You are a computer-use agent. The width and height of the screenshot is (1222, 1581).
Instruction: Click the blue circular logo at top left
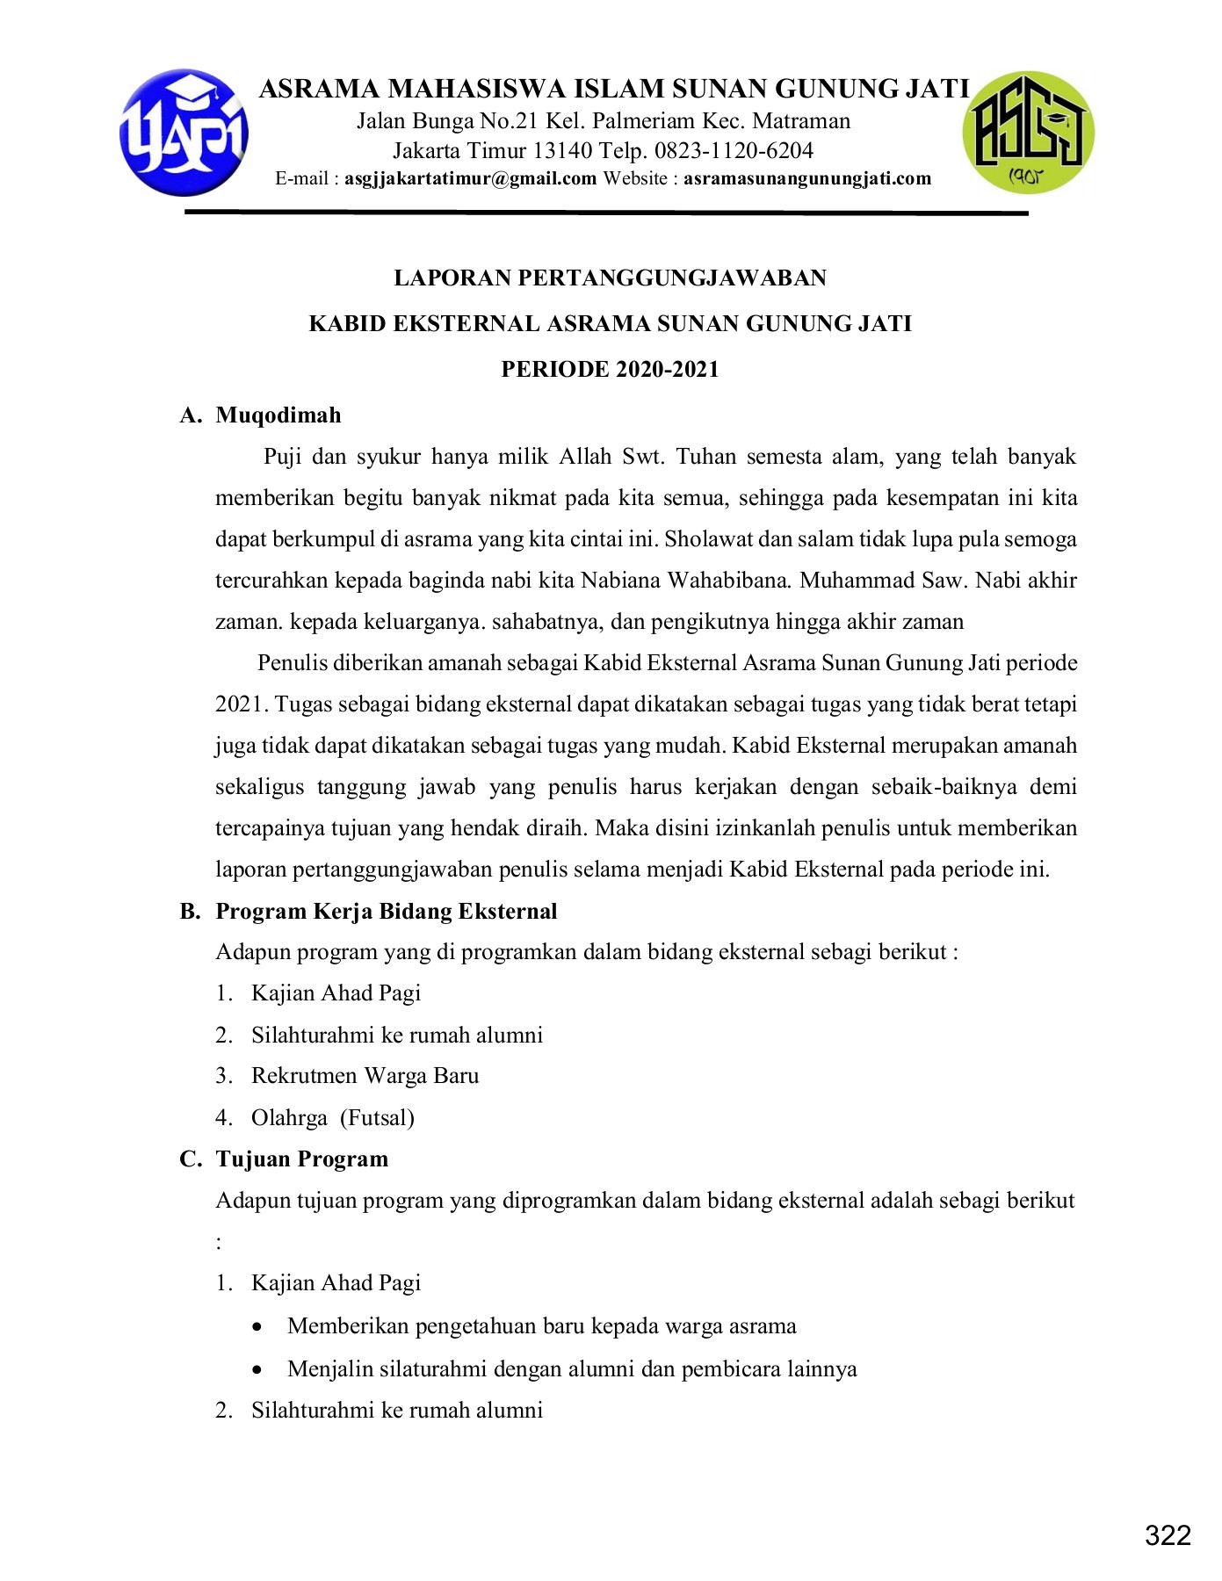tap(184, 133)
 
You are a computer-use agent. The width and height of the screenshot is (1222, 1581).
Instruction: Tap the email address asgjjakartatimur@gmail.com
tap(471, 179)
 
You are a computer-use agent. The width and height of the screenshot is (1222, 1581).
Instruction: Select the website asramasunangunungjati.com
tap(807, 179)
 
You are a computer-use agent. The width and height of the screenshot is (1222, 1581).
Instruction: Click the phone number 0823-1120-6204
tap(734, 150)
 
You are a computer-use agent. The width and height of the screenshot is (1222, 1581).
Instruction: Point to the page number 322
tap(1168, 1534)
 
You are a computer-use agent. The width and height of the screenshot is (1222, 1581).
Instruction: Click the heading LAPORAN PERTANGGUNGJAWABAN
tap(610, 278)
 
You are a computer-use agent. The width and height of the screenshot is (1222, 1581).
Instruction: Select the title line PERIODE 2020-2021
tap(610, 370)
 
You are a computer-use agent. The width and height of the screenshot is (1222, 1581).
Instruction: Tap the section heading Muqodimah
tap(278, 415)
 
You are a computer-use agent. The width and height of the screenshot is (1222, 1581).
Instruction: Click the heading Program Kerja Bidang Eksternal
tap(387, 912)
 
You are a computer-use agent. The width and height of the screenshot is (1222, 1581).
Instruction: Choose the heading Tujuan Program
tap(301, 1159)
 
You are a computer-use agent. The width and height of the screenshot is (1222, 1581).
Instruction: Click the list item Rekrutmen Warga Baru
tap(365, 1076)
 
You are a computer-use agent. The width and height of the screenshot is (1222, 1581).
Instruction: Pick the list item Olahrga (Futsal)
tap(332, 1118)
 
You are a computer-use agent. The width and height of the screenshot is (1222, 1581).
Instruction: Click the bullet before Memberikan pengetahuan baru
tap(257, 1327)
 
